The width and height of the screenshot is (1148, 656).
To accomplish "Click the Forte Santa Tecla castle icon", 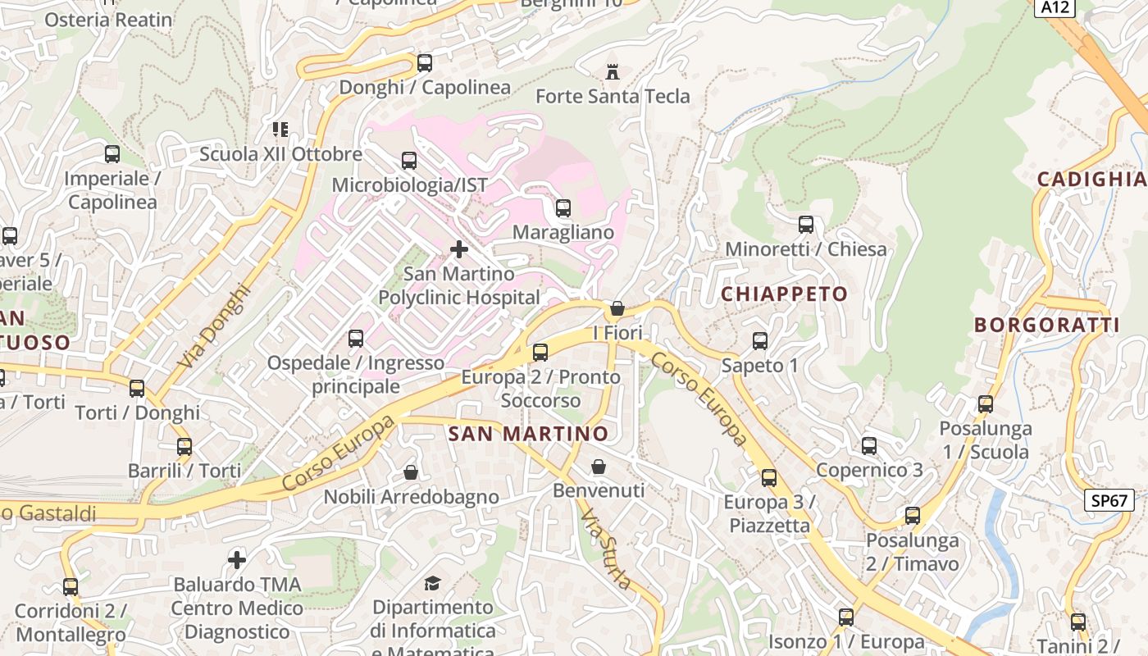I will (612, 71).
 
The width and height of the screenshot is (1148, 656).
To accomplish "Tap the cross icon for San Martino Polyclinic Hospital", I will (459, 248).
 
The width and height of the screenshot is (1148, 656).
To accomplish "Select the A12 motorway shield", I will (1055, 7).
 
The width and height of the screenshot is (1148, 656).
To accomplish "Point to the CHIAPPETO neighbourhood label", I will (784, 294).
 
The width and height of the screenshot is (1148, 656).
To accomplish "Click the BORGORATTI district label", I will (1046, 325).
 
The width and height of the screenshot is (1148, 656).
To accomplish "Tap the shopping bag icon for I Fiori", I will (617, 308).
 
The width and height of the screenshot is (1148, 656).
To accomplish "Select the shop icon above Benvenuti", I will (599, 467).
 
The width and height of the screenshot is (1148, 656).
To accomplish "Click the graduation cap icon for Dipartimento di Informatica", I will (432, 583).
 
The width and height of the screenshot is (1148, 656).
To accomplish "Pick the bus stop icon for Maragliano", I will (563, 208).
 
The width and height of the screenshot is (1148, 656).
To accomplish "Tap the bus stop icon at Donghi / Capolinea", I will (424, 63).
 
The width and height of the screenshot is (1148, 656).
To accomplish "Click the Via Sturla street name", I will (607, 549).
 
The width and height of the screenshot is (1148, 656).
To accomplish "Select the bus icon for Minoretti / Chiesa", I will (805, 225).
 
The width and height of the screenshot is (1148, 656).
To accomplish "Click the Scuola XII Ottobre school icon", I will (280, 130).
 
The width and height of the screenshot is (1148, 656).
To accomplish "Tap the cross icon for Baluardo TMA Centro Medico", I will (237, 560).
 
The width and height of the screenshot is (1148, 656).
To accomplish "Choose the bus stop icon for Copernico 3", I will (868, 446).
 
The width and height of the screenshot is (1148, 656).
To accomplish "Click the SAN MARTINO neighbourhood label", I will (529, 433).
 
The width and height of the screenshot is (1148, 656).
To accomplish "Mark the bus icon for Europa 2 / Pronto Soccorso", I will (540, 353).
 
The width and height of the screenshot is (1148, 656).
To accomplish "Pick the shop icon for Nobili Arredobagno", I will (411, 472).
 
